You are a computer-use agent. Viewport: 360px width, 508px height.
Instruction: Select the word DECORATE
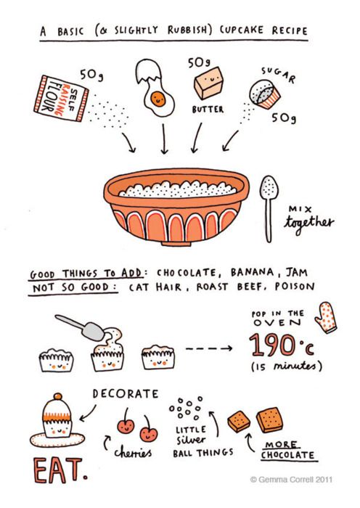[125, 393]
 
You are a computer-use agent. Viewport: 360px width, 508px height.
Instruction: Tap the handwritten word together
[311, 223]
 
